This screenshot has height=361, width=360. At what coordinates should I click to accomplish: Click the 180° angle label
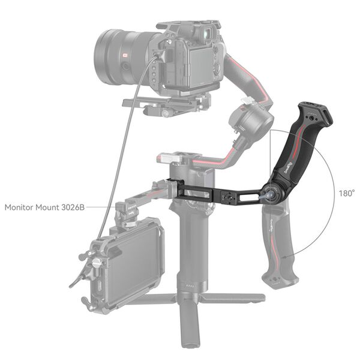point(346,194)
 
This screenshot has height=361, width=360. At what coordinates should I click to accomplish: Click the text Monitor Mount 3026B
point(44,207)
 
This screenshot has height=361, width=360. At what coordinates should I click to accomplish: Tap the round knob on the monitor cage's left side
point(97,263)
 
